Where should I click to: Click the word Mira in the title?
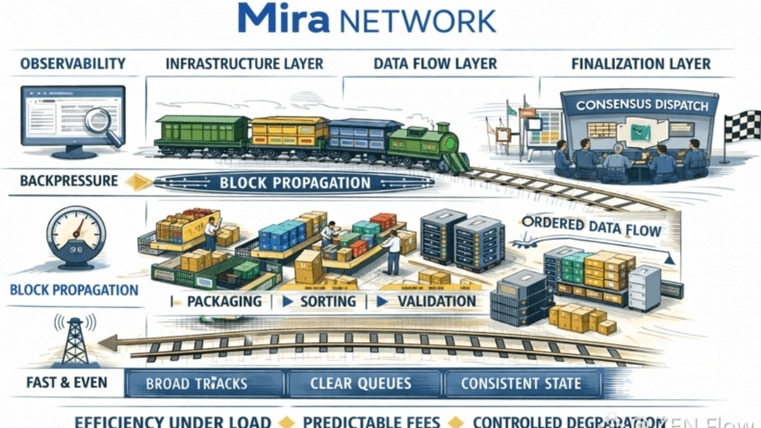pyautogui.click(x=283, y=19)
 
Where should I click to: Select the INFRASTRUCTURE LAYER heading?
pyautogui.click(x=244, y=64)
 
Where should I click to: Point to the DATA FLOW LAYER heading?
pyautogui.click(x=435, y=64)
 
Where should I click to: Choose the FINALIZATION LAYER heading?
pyautogui.click(x=641, y=64)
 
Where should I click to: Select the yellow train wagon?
pyautogui.click(x=289, y=135)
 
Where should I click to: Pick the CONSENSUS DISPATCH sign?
pyautogui.click(x=641, y=105)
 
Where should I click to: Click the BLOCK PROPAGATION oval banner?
pyautogui.click(x=295, y=183)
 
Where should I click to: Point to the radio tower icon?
pyautogui.click(x=75, y=342)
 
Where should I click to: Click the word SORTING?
pyautogui.click(x=328, y=302)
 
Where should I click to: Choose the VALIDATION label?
pyautogui.click(x=436, y=302)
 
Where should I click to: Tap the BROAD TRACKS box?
pyautogui.click(x=197, y=384)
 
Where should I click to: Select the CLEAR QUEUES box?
pyautogui.click(x=360, y=384)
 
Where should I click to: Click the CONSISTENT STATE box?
pyautogui.click(x=521, y=384)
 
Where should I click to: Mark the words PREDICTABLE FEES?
pyautogui.click(x=371, y=422)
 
